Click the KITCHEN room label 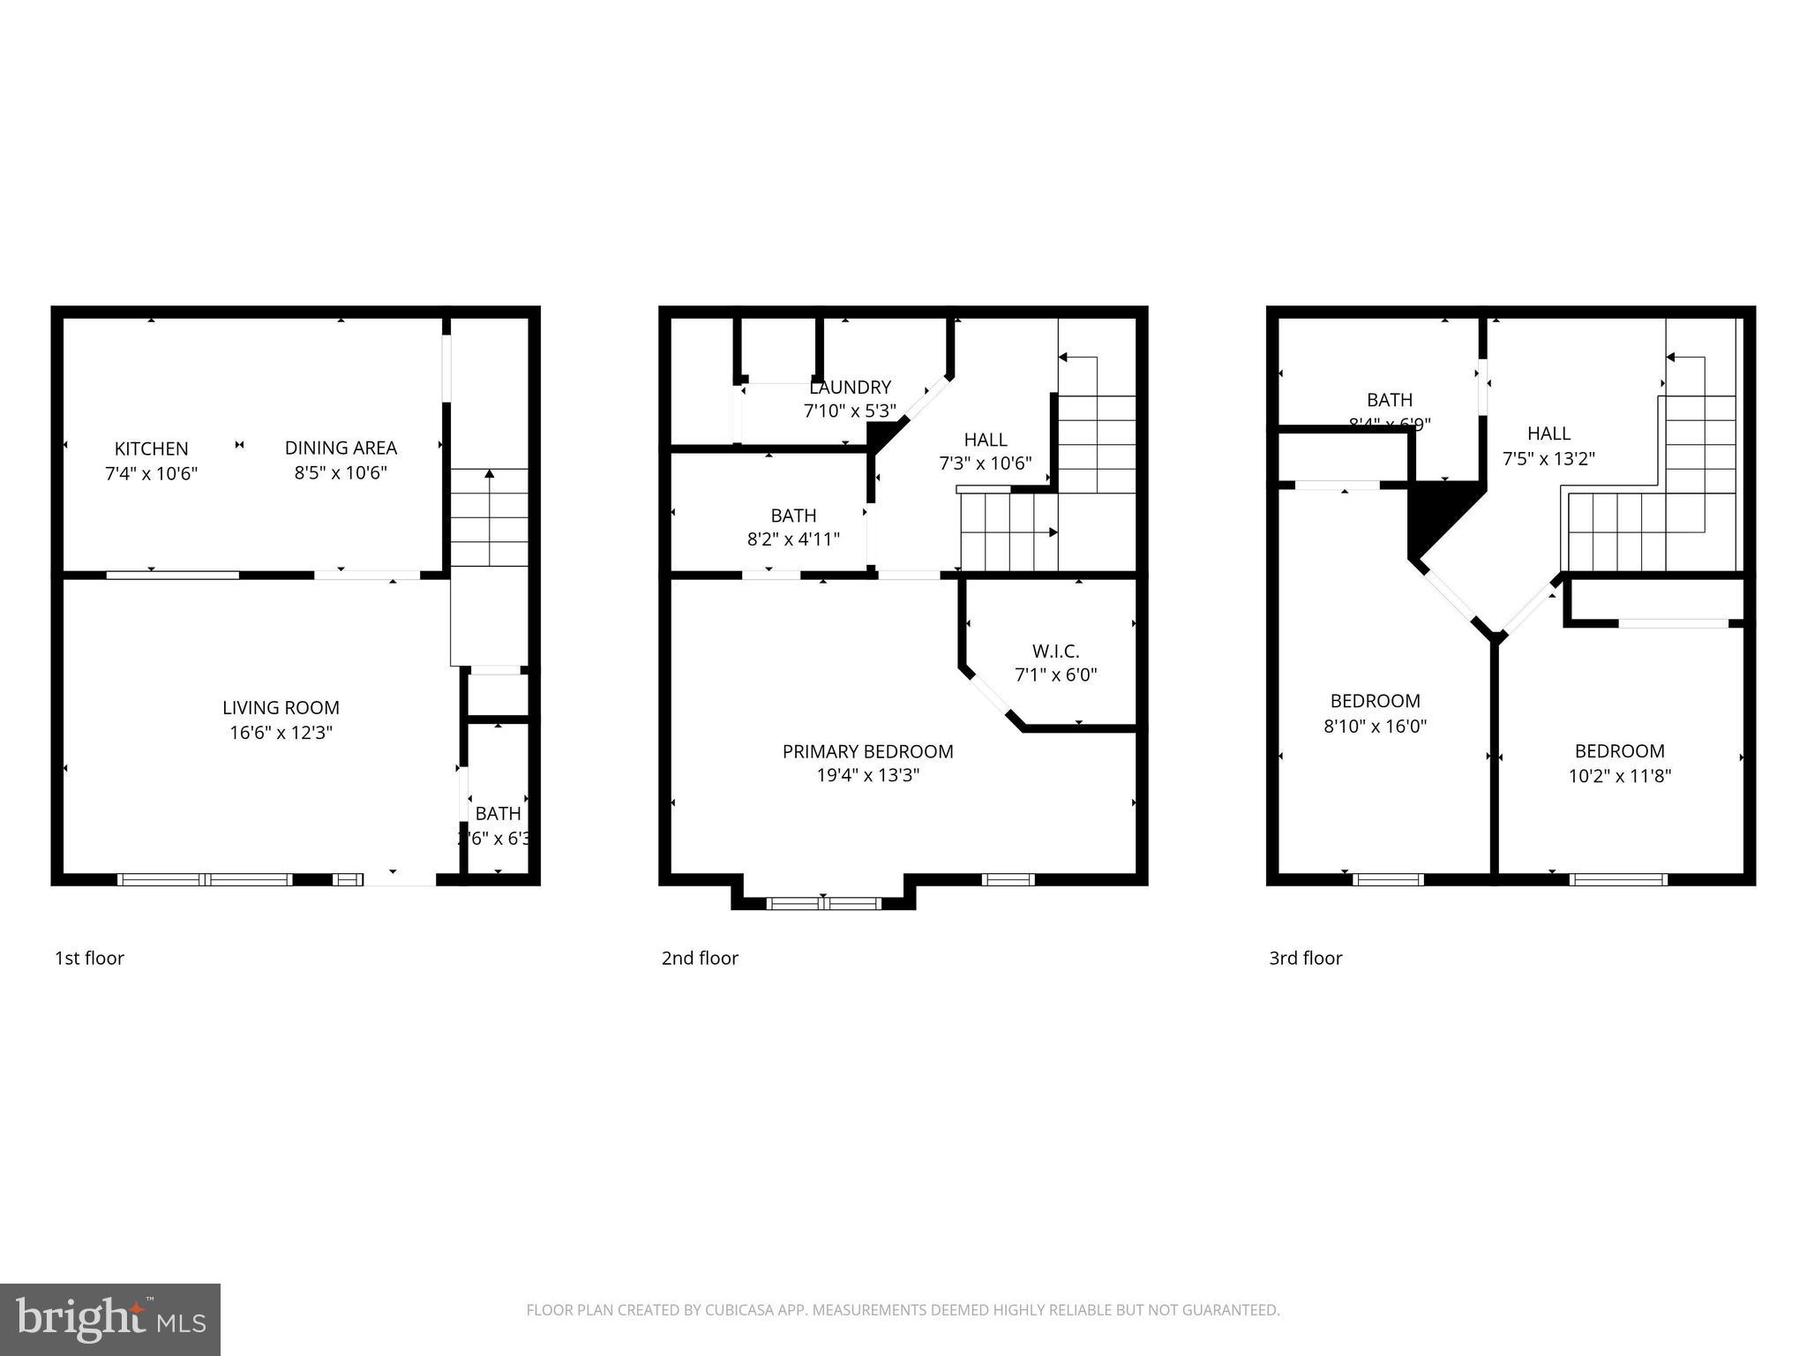151,448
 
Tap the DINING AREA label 341,448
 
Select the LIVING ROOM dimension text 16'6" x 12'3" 281,733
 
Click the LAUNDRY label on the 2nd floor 850,388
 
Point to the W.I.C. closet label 1055,652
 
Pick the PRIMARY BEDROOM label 867,751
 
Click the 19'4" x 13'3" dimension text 867,776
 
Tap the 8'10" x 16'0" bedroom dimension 1375,727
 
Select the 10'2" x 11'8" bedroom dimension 1619,776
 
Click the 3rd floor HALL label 1548,433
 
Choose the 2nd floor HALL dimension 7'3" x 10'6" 985,463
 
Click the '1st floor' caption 89,958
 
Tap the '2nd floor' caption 700,958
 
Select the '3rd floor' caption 1305,958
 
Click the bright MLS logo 109,1319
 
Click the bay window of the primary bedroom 823,902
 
